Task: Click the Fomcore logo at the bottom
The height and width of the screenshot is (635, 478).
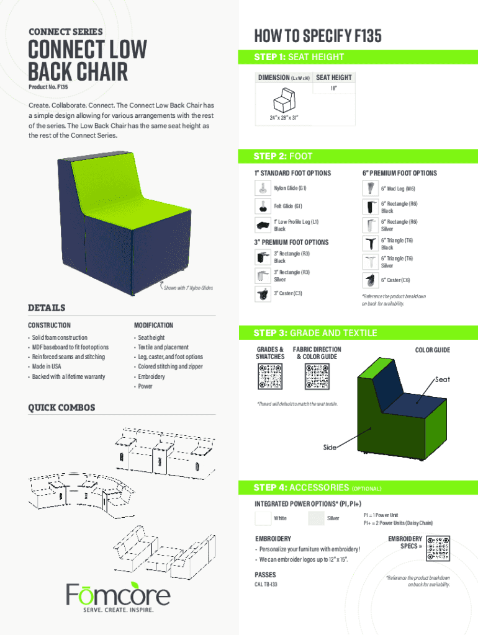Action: (x=118, y=595)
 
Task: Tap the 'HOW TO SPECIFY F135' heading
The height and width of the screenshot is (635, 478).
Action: (x=318, y=37)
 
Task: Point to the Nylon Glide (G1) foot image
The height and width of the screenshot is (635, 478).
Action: (x=263, y=188)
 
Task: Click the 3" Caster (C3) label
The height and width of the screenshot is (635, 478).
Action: (x=287, y=293)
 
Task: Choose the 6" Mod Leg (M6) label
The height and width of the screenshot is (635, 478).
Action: (x=398, y=189)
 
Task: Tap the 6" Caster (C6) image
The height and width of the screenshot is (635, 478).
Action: (x=370, y=280)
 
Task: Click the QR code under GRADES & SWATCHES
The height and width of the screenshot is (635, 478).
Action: (x=269, y=376)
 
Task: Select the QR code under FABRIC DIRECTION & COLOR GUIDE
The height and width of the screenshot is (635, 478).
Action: (x=317, y=376)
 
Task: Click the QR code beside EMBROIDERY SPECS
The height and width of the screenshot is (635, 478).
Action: (x=438, y=549)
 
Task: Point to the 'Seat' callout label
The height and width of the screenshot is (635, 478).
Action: (x=443, y=380)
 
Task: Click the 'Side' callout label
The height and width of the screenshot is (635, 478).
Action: (x=330, y=447)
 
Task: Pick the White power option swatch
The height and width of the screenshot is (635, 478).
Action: (x=263, y=518)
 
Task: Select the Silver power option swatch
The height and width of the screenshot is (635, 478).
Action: (x=316, y=518)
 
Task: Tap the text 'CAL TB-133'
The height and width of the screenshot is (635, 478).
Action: (x=266, y=585)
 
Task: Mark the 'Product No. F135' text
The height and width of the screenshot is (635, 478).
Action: (x=47, y=86)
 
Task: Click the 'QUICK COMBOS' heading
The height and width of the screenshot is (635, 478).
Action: (x=61, y=407)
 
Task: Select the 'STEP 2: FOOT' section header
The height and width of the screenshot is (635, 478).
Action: (x=283, y=156)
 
